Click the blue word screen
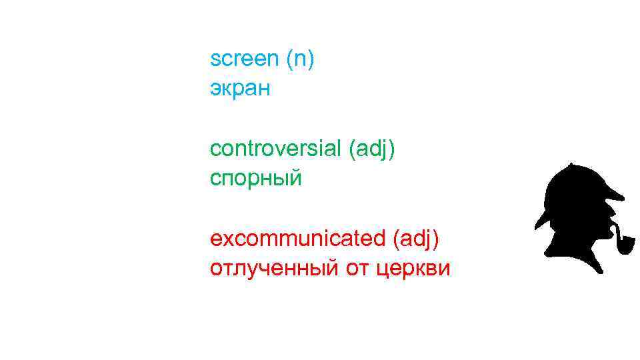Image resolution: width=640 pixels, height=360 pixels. click(x=244, y=59)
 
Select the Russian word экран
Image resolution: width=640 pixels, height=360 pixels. click(x=240, y=89)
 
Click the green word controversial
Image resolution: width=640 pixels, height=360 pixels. click(x=276, y=149)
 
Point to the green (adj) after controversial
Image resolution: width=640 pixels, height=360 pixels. click(x=372, y=149)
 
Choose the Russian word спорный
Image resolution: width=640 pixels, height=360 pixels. click(x=256, y=179)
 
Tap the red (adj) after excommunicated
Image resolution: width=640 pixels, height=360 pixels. click(x=416, y=238)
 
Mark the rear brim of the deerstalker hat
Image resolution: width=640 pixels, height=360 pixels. click(x=542, y=220)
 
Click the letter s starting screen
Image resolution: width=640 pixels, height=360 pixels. click(x=214, y=59)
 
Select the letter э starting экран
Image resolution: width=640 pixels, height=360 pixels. click(x=214, y=89)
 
